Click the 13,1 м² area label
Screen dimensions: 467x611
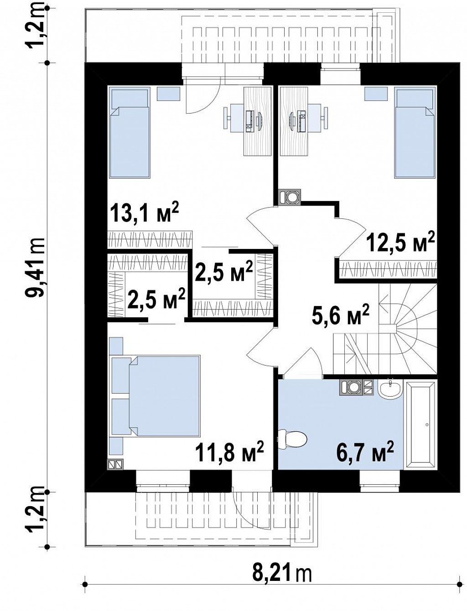pyautogui.click(x=145, y=213)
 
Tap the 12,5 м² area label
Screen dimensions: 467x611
pyautogui.click(x=400, y=243)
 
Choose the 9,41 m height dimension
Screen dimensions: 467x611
pyautogui.click(x=36, y=268)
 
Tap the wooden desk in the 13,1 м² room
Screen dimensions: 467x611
pyautogui.click(x=257, y=121)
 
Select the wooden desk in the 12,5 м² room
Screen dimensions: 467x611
pyautogui.click(x=294, y=121)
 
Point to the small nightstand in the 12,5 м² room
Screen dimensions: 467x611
pyautogui.click(x=376, y=93)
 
